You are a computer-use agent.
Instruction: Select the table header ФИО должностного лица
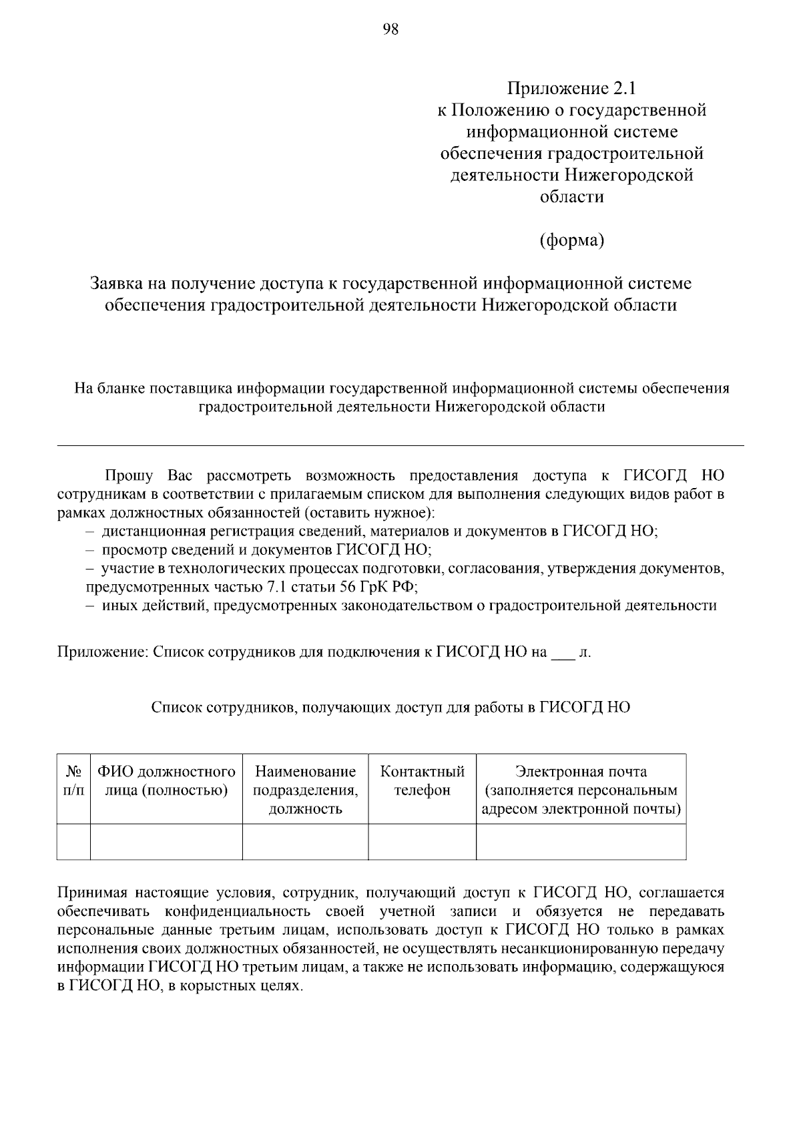(166, 781)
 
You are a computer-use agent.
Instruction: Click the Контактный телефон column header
(422, 781)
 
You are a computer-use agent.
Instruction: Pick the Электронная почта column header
(581, 790)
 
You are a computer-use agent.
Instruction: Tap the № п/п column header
(73, 781)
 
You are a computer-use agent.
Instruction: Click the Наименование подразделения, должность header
(305, 790)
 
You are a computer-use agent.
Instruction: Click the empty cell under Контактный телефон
(422, 841)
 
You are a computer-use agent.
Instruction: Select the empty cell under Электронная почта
(581, 841)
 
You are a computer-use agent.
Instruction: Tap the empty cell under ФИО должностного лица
(166, 841)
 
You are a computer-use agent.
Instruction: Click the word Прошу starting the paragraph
(128, 476)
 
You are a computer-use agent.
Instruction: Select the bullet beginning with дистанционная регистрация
(379, 531)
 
